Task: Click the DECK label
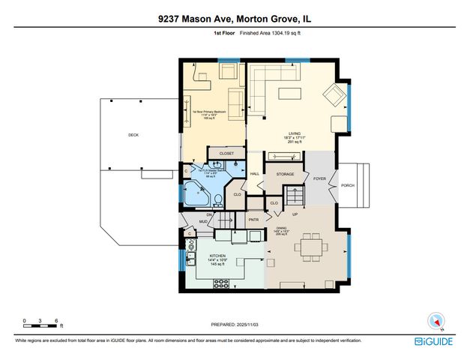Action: (x=133, y=135)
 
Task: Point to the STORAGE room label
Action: (x=285, y=174)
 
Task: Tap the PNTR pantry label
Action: (x=253, y=220)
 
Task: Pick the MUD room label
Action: (x=203, y=221)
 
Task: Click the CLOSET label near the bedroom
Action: (x=226, y=152)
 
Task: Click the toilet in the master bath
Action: (x=217, y=199)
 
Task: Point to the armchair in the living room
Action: (x=334, y=94)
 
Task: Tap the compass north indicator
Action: (x=436, y=320)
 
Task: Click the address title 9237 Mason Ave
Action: (x=235, y=13)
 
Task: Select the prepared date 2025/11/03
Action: (x=235, y=325)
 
